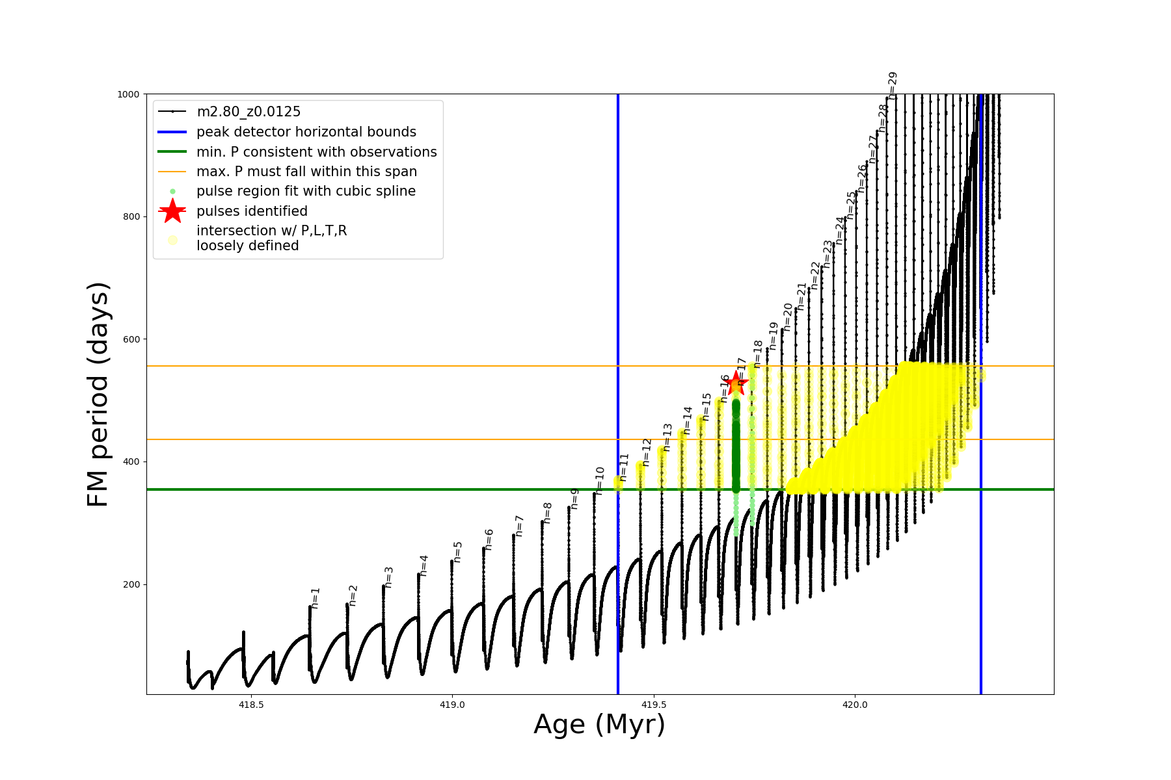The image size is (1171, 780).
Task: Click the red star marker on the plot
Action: pyautogui.click(x=736, y=383)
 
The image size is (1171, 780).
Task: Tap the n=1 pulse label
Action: pyautogui.click(x=316, y=597)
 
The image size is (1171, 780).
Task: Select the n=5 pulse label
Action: pyautogui.click(x=457, y=552)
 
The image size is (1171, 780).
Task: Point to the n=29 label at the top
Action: pyautogui.click(x=893, y=84)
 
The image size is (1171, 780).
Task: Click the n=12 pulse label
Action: pyautogui.click(x=646, y=452)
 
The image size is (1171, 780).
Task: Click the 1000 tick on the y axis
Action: pyautogui.click(x=128, y=94)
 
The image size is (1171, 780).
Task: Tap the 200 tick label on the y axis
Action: pyautogui.click(x=131, y=584)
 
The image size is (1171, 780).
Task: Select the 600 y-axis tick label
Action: pyautogui.click(x=131, y=339)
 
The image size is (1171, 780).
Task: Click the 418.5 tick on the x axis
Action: pyautogui.click(x=251, y=705)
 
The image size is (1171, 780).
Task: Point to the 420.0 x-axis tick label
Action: pyautogui.click(x=855, y=705)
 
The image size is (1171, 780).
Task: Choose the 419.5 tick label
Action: pyautogui.click(x=654, y=705)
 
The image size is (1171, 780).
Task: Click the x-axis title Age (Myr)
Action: pyautogui.click(x=599, y=725)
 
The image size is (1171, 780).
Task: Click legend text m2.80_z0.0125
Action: pyautogui.click(x=249, y=112)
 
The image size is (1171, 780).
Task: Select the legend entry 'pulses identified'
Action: pyautogui.click(x=252, y=211)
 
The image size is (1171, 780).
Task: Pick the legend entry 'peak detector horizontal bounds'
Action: pyautogui.click(x=306, y=132)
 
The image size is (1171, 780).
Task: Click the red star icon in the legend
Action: pyautogui.click(x=172, y=211)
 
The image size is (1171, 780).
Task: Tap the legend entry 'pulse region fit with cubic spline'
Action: pyautogui.click(x=306, y=191)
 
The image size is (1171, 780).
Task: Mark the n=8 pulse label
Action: pyautogui.click(x=547, y=512)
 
